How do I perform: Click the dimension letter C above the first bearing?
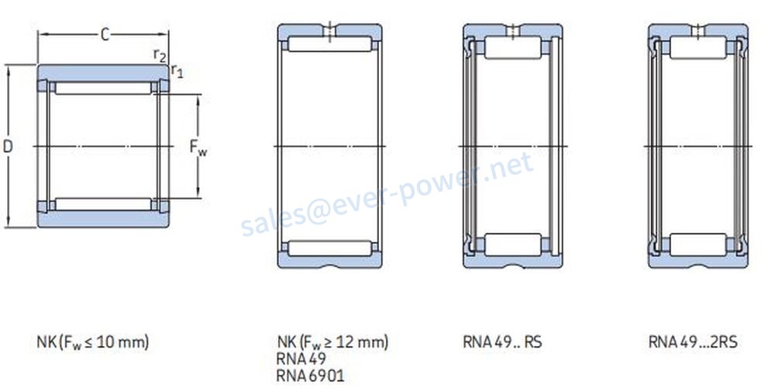coord(105,35)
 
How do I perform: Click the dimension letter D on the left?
coord(8,147)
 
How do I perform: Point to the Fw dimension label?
coord(198,147)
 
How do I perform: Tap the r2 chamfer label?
coord(160,55)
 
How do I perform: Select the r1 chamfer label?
coord(177,71)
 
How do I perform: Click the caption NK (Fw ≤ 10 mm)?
coord(93,342)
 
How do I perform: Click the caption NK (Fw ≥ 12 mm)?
coord(332,342)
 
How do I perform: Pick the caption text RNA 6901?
coord(311,375)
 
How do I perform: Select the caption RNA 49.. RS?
coord(502,342)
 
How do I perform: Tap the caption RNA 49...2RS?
coord(693,342)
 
